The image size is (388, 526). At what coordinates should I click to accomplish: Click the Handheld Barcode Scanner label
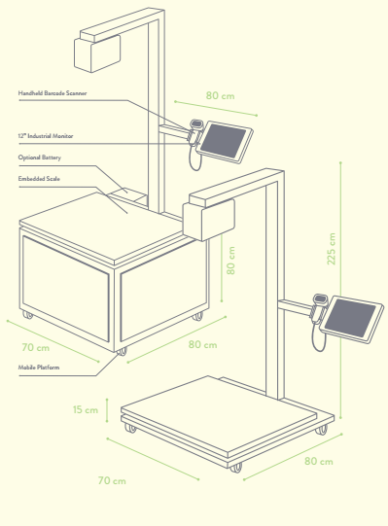point(53,93)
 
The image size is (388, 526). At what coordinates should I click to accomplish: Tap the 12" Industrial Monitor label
point(46,136)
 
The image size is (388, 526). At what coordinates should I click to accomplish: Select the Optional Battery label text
point(40,158)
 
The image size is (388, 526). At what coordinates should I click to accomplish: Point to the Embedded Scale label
point(39,179)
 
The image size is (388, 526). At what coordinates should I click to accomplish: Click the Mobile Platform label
point(39,368)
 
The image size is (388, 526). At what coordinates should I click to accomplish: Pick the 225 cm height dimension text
point(332,249)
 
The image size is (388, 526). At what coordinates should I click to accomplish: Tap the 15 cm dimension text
point(86,409)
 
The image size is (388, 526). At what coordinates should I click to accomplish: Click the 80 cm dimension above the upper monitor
point(220,95)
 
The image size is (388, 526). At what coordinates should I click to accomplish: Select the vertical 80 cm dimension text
point(230,261)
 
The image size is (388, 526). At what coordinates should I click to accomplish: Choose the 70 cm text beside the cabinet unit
point(36,347)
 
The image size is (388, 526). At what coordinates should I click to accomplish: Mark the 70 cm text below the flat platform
point(112,480)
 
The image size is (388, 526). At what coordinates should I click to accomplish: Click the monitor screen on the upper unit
point(224,141)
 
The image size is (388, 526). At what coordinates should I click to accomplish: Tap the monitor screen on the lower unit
point(350,318)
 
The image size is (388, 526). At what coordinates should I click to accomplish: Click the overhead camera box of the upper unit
point(97,53)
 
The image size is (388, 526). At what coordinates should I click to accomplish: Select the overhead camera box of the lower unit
point(208,220)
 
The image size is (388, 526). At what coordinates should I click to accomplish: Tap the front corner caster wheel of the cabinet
point(122,352)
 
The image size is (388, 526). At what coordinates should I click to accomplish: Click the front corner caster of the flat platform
point(235,468)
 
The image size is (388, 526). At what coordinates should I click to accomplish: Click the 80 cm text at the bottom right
point(319,461)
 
